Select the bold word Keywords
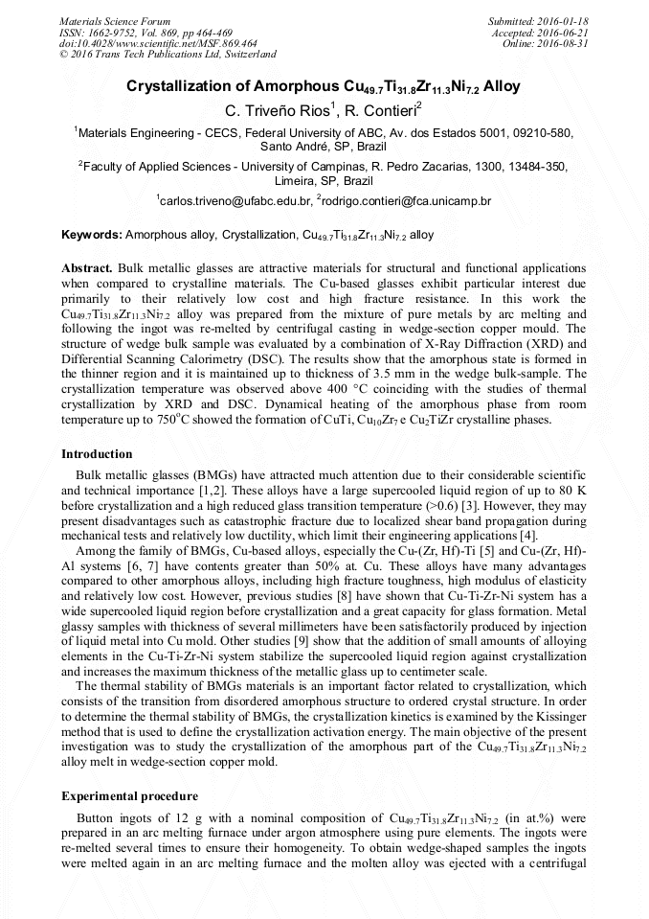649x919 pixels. (x=91, y=234)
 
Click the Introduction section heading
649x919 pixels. (x=97, y=453)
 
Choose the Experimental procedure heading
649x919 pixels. (x=129, y=796)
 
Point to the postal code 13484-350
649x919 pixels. (x=535, y=166)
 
